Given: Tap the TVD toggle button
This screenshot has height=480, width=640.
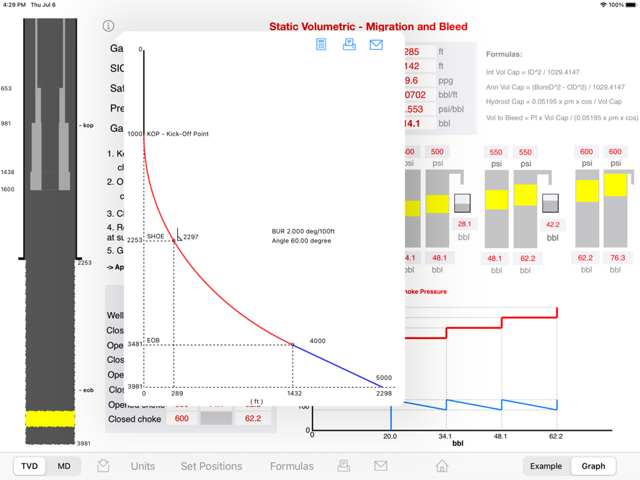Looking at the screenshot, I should point(29,466).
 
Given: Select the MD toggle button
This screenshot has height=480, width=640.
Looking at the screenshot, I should point(64,466).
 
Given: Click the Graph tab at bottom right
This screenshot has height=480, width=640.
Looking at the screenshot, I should point(593,466).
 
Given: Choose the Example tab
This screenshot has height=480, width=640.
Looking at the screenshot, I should point(546,466).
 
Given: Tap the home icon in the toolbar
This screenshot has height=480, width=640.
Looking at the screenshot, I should point(442,466).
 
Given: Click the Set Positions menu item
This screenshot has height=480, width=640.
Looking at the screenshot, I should point(211,466).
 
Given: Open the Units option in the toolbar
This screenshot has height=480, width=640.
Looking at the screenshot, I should point(143,466).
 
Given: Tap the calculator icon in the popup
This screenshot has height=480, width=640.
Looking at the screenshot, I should point(321,44).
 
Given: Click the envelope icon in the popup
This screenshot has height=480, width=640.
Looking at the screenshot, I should point(376,44).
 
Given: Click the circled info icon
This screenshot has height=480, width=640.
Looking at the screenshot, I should point(108,26).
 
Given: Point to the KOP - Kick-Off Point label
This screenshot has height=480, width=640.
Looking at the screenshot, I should point(178,134).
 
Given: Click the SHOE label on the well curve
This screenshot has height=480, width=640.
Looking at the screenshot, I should point(156,236).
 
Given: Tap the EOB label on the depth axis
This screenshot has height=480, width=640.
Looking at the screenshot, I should point(153,340).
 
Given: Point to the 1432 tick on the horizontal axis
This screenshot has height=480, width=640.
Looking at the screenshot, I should point(293,394).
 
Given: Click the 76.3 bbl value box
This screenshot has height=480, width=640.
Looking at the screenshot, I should point(615,258).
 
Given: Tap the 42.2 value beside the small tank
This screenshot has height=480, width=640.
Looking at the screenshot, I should point(552,225).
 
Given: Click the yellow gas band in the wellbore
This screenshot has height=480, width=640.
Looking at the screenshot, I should point(50,419).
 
